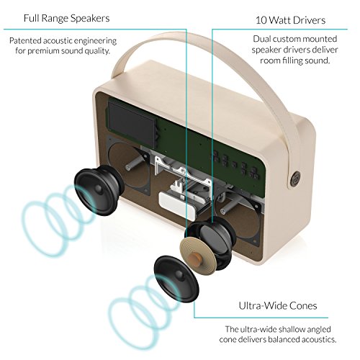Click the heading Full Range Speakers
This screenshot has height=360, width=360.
(x=66, y=19)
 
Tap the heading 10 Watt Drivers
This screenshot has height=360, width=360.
(x=290, y=20)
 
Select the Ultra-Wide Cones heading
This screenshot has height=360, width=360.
(x=278, y=306)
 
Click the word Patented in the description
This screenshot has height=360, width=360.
(x=25, y=40)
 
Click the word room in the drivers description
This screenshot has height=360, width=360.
(x=270, y=60)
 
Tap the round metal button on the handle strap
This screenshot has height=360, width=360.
(x=294, y=179)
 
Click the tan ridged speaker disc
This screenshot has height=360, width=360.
(x=198, y=254)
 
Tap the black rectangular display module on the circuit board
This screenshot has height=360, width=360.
(x=132, y=125)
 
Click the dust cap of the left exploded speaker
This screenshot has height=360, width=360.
(x=99, y=189)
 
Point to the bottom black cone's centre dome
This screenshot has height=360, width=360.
(x=179, y=274)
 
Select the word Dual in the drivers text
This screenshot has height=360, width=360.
(x=262, y=39)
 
